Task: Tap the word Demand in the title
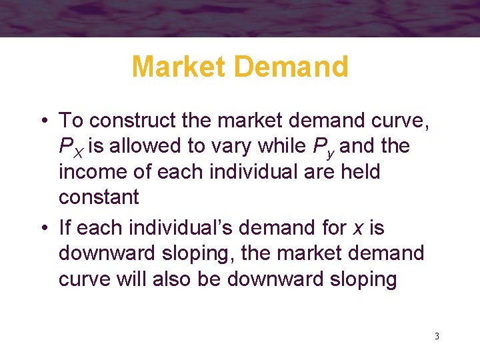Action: point(297,67)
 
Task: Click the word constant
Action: point(99,198)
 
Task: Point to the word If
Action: point(65,228)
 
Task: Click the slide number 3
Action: point(437,336)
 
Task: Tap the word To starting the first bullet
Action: point(71,121)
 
